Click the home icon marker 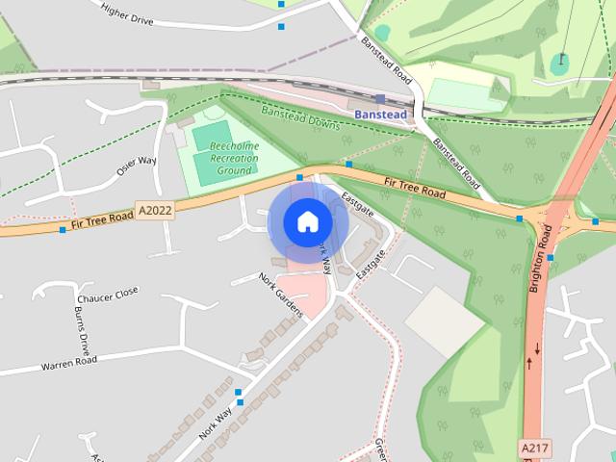pos(308,222)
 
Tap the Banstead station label pos(381,115)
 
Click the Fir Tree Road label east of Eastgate pos(415,188)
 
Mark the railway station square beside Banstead pos(380,98)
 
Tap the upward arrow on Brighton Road pos(528,363)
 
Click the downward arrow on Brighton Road pos(537,347)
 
